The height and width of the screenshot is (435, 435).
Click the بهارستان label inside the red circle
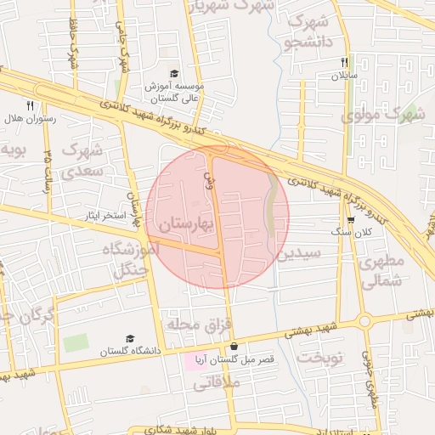tap(187, 225)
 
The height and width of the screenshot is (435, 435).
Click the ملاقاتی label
tap(218, 383)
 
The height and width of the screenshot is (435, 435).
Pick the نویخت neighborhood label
tap(320, 357)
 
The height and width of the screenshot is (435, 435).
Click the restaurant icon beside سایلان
tap(344, 62)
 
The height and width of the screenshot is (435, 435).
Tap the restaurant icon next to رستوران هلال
tap(30, 105)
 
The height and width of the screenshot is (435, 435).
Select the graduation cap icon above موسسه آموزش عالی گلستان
tap(174, 74)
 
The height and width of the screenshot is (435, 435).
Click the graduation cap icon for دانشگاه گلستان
tap(129, 338)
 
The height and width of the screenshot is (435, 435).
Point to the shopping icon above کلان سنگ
tap(350, 220)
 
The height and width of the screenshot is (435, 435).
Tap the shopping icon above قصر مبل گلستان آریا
tap(234, 347)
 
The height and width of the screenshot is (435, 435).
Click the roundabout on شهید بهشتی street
tap(365, 321)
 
